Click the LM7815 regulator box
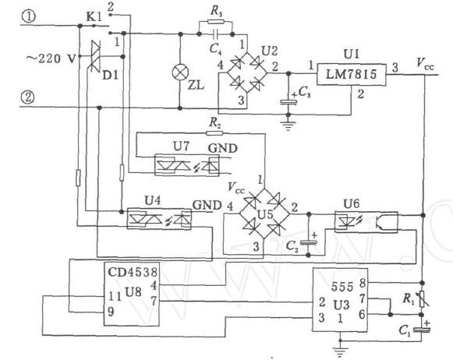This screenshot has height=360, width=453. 351,75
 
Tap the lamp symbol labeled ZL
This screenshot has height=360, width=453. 180,72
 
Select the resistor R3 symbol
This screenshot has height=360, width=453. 215,22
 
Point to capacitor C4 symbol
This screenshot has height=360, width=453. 215,34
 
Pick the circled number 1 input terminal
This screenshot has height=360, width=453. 28,16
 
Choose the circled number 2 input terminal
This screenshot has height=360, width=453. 28,97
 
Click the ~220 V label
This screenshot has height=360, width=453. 51,59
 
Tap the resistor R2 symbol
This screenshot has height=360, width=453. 214,133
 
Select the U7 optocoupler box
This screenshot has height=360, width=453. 187,165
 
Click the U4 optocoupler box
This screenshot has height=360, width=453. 159,219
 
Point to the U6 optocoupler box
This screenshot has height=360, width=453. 366,222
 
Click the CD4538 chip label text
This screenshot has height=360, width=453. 133,272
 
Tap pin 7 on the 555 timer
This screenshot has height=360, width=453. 362,298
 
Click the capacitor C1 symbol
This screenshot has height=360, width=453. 422,330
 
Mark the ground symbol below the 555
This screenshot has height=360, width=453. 340,351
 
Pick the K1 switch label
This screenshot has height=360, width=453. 94,17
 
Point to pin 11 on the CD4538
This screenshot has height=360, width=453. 115,296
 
